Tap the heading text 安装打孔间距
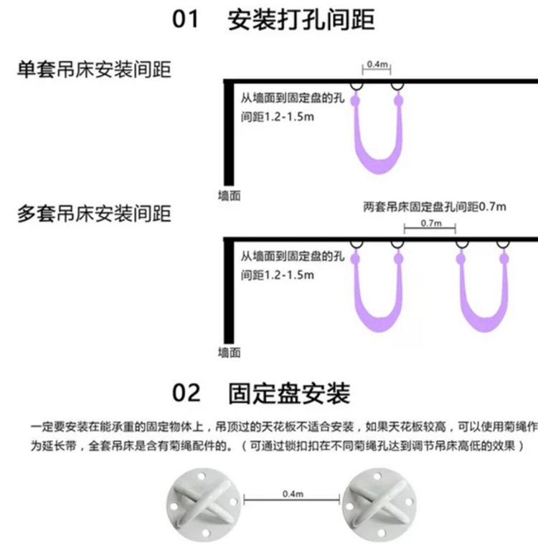point(301,19)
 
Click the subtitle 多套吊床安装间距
point(94,214)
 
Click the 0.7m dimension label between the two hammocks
point(430,224)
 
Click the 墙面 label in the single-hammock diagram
point(229,195)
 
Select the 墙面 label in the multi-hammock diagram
point(229,353)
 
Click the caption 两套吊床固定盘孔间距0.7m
point(435,207)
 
